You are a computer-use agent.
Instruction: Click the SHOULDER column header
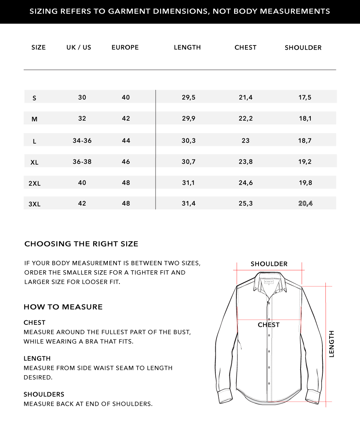pyautogui.click(x=303, y=48)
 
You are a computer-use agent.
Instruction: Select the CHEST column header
pyautogui.click(x=245, y=47)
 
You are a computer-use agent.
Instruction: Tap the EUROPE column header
pyautogui.click(x=125, y=47)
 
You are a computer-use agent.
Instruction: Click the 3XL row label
pyautogui.click(x=35, y=205)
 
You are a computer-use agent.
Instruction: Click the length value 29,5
pyautogui.click(x=189, y=97)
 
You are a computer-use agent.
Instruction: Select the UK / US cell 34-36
pyautogui.click(x=82, y=141)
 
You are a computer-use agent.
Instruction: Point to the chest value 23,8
pyautogui.click(x=246, y=162)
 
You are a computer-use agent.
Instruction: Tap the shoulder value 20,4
pyautogui.click(x=305, y=203)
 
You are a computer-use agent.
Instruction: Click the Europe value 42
pyautogui.click(x=126, y=118)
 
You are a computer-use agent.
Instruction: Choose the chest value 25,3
pyautogui.click(x=246, y=203)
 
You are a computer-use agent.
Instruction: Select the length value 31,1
pyautogui.click(x=189, y=183)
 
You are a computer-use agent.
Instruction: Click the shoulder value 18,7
pyautogui.click(x=305, y=141)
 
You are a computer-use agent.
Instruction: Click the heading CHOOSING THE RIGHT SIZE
pyautogui.click(x=81, y=244)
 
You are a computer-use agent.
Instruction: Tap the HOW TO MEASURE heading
pyautogui.click(x=63, y=307)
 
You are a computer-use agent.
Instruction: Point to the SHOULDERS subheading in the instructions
pyautogui.click(x=44, y=394)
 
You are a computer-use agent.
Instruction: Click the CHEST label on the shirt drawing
pyautogui.click(x=269, y=325)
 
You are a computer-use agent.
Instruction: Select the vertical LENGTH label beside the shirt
pyautogui.click(x=331, y=344)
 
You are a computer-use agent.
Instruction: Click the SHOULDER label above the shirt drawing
pyautogui.click(x=269, y=264)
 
